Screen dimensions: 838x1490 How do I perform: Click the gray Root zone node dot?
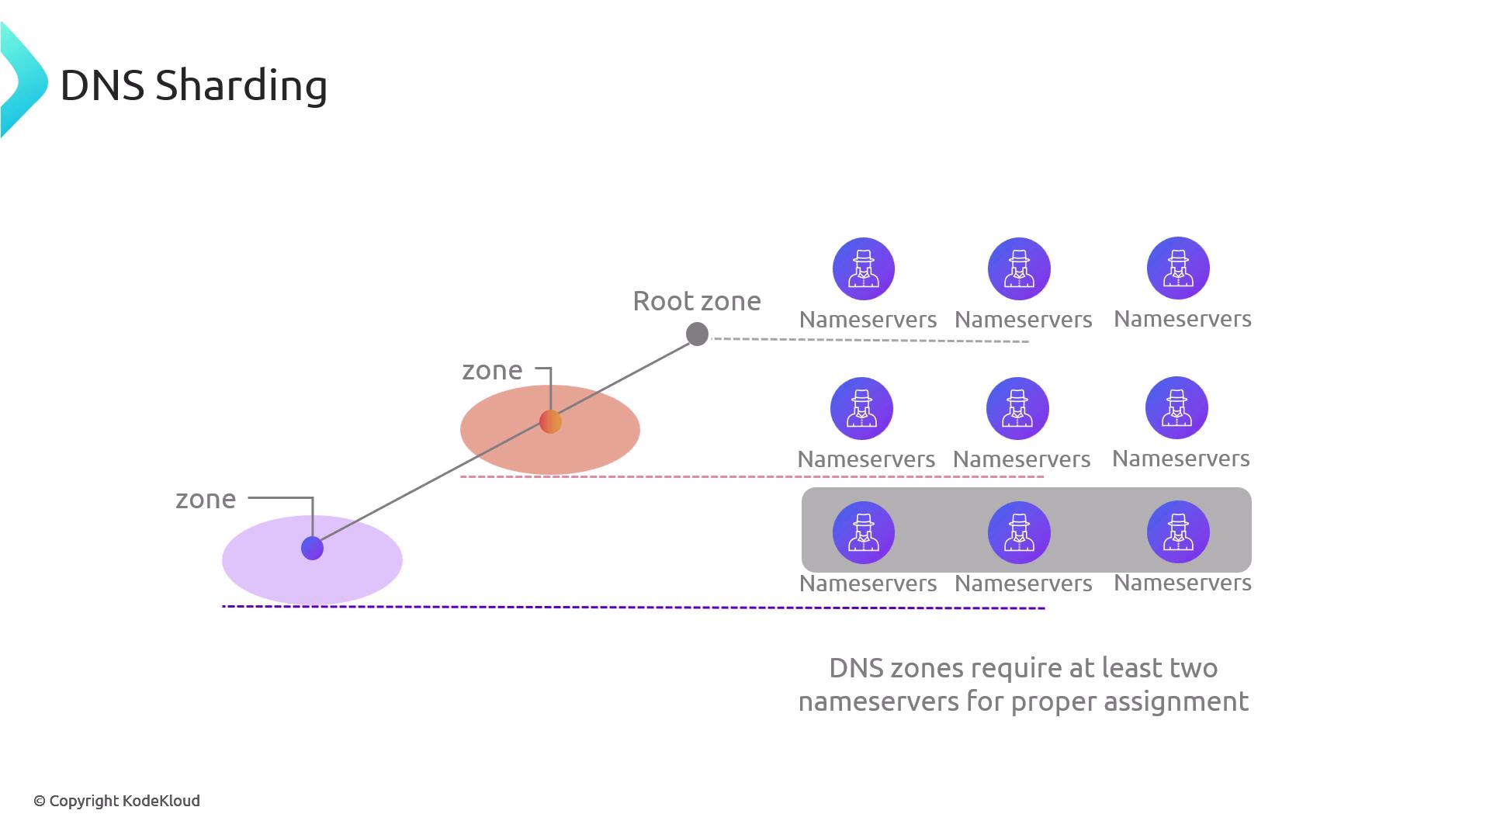click(x=697, y=334)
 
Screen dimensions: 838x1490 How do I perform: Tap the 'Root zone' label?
click(x=696, y=301)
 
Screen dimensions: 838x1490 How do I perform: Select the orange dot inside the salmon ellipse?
click(x=550, y=421)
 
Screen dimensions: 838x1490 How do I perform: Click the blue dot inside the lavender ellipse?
click(x=312, y=548)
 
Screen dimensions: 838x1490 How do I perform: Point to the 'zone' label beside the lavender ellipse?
click(x=205, y=499)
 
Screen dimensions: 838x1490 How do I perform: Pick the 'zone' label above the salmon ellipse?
click(x=491, y=370)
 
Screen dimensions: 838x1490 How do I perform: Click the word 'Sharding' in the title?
click(x=241, y=85)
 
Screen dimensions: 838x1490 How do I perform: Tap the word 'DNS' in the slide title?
click(x=102, y=85)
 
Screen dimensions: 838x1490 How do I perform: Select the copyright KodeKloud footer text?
click(x=116, y=801)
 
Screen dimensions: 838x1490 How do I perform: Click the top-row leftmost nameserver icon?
click(x=863, y=268)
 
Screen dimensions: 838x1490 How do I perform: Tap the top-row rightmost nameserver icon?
click(x=1177, y=268)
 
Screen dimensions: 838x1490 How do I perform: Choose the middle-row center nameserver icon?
click(x=1017, y=408)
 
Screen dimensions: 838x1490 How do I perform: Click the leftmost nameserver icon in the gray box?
click(x=863, y=532)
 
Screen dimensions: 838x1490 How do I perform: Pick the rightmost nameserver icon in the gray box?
click(x=1177, y=532)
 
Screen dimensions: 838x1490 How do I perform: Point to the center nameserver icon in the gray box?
click(x=1018, y=532)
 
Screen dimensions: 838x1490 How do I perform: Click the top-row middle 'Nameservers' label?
click(x=1023, y=320)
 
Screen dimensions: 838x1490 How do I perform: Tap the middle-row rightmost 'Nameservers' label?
click(x=1180, y=459)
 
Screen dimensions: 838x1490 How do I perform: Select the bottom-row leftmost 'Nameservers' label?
click(x=868, y=583)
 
